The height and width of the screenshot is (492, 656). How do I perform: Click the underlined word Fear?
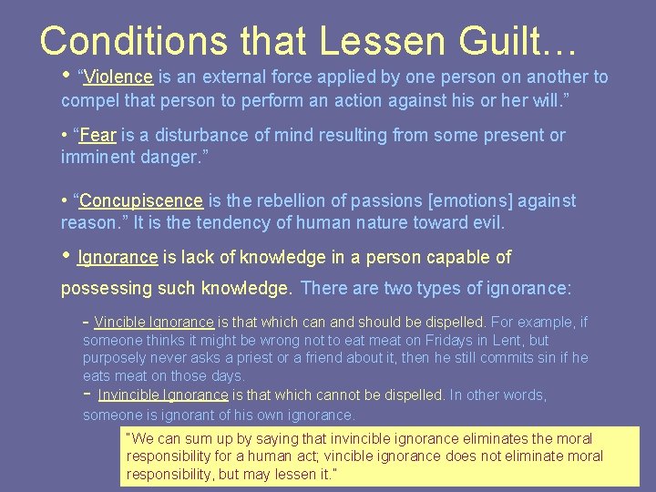(x=97, y=135)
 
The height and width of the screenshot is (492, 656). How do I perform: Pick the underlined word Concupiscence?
(x=141, y=200)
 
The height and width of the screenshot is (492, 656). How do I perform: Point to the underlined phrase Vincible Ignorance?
(x=154, y=322)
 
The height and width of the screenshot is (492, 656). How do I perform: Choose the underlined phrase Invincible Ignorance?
(x=163, y=395)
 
